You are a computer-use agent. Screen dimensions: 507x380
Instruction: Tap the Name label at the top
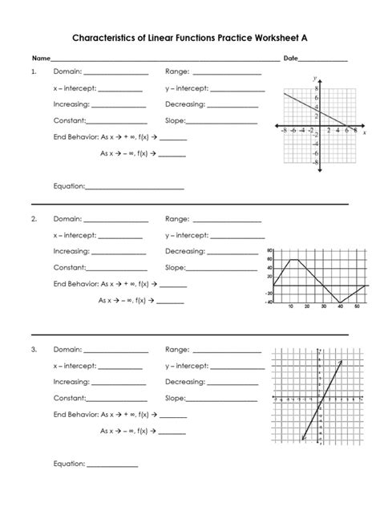(x=40, y=59)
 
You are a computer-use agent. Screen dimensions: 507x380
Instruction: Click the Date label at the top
(x=289, y=59)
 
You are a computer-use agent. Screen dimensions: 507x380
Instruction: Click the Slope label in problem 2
(x=175, y=267)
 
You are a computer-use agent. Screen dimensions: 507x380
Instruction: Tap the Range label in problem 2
(x=176, y=219)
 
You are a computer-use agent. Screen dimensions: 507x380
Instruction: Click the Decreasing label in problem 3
(x=185, y=382)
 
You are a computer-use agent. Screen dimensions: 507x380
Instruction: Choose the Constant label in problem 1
(x=70, y=121)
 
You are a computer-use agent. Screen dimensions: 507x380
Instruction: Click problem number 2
(x=34, y=219)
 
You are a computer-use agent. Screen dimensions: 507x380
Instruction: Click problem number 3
(x=34, y=350)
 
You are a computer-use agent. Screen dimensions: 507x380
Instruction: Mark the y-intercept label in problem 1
(x=186, y=88)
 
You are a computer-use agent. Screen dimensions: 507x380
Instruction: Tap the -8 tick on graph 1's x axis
(x=285, y=132)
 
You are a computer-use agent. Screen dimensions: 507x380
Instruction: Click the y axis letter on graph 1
(x=316, y=78)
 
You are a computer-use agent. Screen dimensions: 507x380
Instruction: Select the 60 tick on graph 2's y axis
(x=270, y=259)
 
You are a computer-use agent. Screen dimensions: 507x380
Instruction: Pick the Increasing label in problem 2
(x=71, y=251)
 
